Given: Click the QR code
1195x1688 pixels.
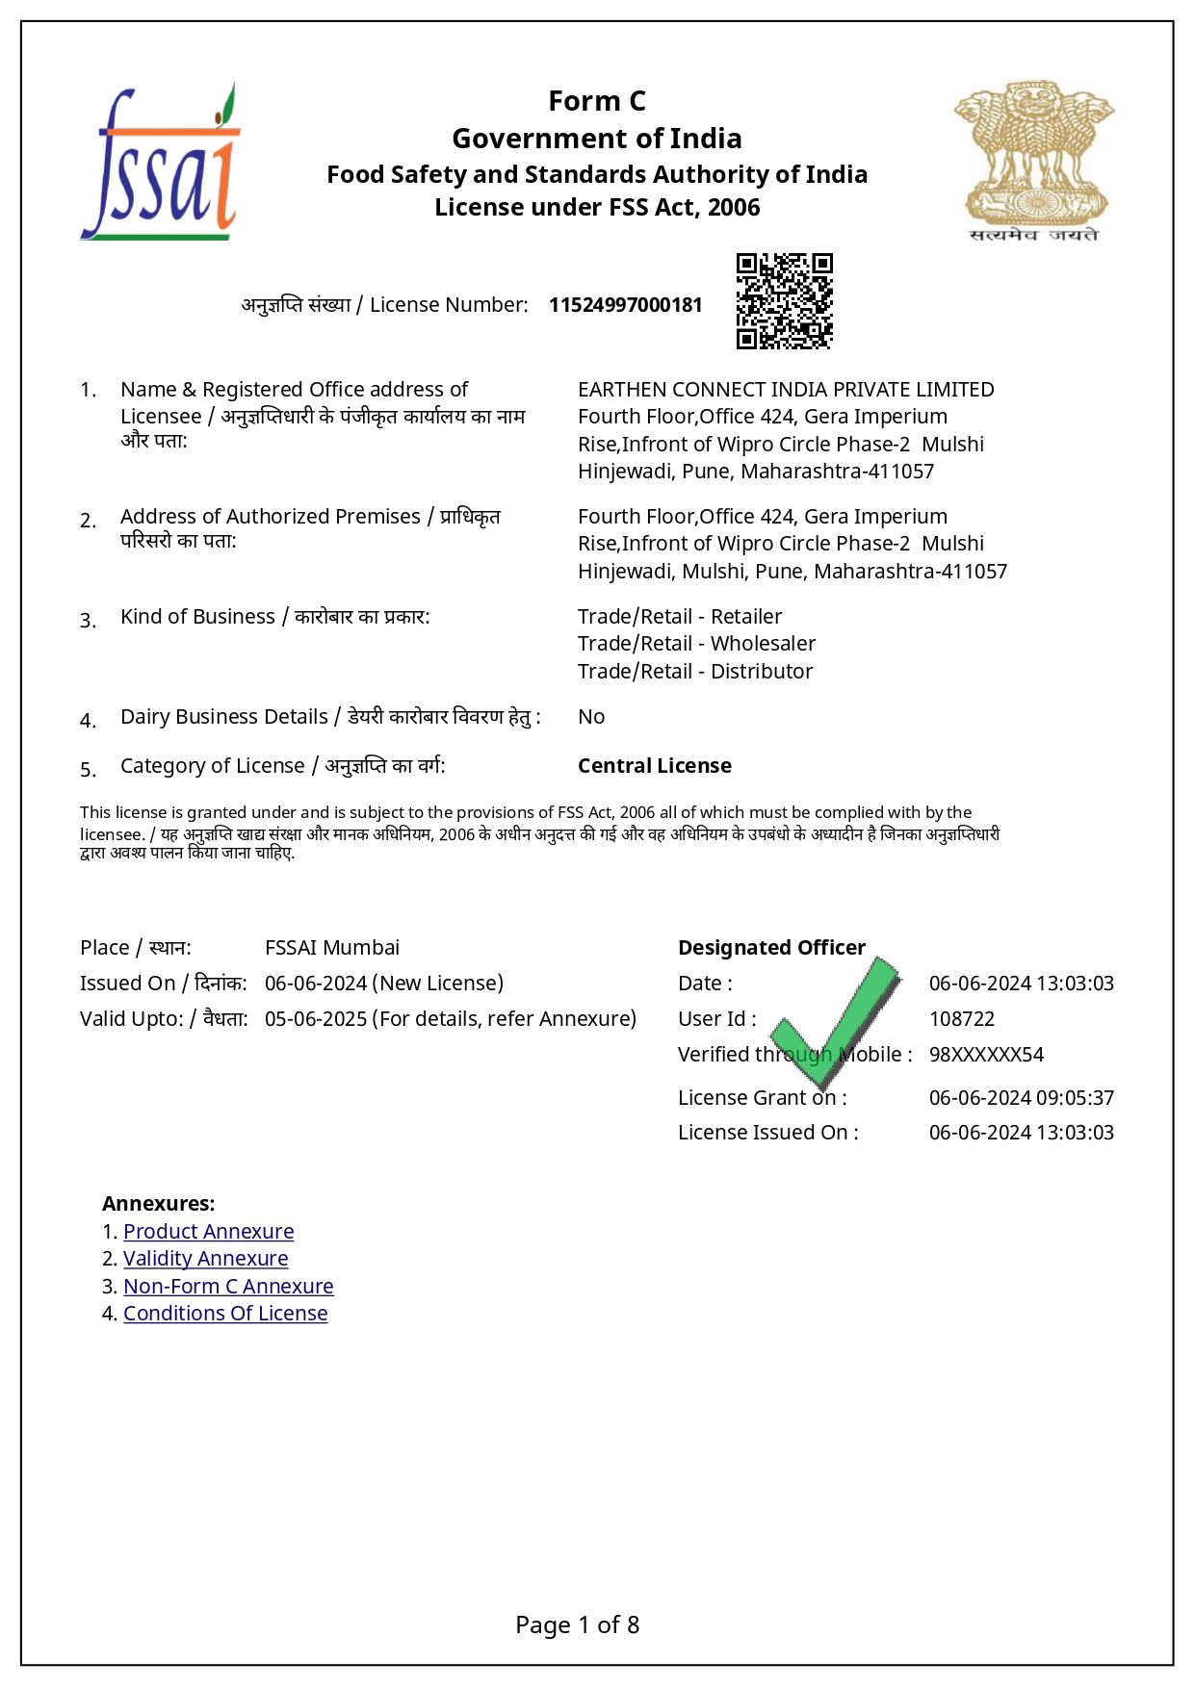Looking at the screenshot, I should pyautogui.click(x=784, y=301).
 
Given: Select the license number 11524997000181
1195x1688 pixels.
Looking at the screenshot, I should pyautogui.click(x=625, y=305).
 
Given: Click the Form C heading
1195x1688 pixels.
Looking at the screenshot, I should pyautogui.click(x=597, y=101).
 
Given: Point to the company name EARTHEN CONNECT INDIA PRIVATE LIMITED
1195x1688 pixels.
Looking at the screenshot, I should pyautogui.click(x=786, y=390).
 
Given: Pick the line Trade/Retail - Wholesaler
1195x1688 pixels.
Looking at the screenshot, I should pyautogui.click(x=696, y=644).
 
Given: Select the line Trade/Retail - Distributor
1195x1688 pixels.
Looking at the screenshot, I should pyautogui.click(x=695, y=672).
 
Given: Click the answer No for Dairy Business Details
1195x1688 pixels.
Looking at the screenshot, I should pyautogui.click(x=591, y=717).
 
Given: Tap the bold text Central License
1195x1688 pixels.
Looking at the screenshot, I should pyautogui.click(x=655, y=766).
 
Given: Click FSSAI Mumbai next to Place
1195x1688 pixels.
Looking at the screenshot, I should pyautogui.click(x=332, y=948).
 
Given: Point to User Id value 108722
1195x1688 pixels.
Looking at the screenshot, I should pyautogui.click(x=962, y=1019).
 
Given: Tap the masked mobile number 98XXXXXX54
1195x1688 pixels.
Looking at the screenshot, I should pyautogui.click(x=986, y=1055).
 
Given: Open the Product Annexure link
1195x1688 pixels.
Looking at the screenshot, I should pyautogui.click(x=208, y=1232).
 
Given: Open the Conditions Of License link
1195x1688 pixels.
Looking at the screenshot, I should pyautogui.click(x=225, y=1314).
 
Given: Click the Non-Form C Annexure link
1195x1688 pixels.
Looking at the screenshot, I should pyautogui.click(x=228, y=1287).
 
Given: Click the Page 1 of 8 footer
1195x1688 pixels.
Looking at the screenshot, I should pyautogui.click(x=577, y=1625).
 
